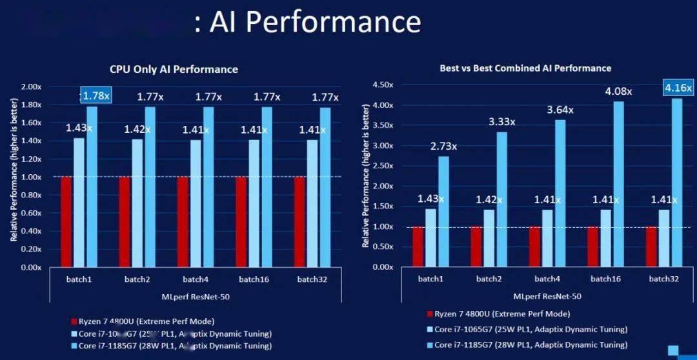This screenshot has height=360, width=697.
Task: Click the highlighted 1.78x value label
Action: pyautogui.click(x=96, y=95)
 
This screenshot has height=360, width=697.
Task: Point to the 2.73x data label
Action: pyautogui.click(x=443, y=146)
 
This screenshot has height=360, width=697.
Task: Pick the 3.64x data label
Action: pyautogui.click(x=560, y=110)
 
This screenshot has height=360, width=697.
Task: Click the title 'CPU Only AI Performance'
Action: pyautogui.click(x=174, y=69)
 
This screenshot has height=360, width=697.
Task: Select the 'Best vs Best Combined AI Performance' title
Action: pyautogui.click(x=525, y=68)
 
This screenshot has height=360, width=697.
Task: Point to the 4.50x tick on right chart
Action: pyautogui.click(x=383, y=85)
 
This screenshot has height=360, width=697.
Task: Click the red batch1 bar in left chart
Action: pyautogui.click(x=66, y=221)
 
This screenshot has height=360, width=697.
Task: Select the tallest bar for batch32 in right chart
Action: pyautogui.click(x=676, y=182)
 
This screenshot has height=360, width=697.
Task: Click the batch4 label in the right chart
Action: pyautogui.click(x=547, y=279)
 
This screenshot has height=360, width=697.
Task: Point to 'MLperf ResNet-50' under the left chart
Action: pyautogui.click(x=194, y=297)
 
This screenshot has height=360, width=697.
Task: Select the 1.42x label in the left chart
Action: pyautogui.click(x=137, y=129)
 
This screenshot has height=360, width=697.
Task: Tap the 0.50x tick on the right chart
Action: pyautogui.click(x=383, y=246)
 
